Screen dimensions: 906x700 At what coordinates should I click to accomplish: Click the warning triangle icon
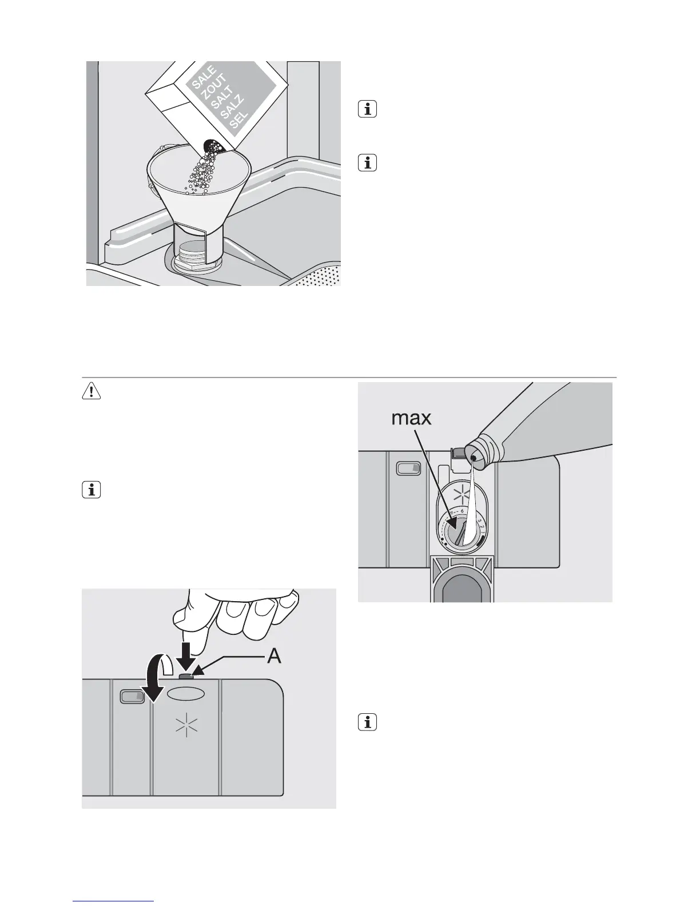point(92,391)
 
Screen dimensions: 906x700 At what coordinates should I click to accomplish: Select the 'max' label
point(411,419)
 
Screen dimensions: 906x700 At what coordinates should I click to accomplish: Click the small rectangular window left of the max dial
point(408,469)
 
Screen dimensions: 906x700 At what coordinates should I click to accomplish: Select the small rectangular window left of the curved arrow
point(132,696)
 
